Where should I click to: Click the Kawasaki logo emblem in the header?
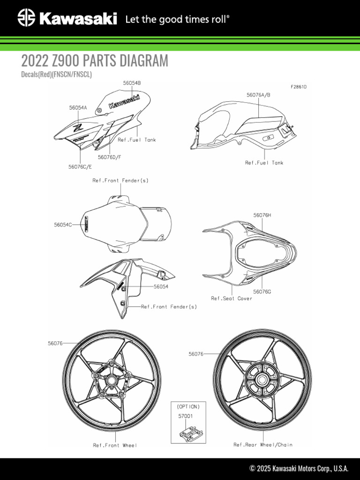(26, 18)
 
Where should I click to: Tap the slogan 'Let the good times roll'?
(177, 19)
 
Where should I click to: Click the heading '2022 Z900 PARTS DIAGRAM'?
(94, 61)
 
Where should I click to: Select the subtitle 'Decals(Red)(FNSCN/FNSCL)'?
(57, 75)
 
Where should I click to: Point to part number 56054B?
(132, 83)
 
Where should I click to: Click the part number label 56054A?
(78, 107)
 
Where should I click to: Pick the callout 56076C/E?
(80, 166)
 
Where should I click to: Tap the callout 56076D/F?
(110, 157)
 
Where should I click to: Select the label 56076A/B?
(258, 95)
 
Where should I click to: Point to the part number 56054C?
(63, 225)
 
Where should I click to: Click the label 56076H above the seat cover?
(262, 215)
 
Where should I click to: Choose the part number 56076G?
(262, 292)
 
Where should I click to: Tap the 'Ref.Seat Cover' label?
(232, 298)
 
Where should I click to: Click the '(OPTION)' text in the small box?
(188, 406)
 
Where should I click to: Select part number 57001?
(184, 415)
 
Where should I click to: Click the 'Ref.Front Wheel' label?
(115, 445)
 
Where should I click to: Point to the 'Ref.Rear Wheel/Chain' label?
(263, 445)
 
